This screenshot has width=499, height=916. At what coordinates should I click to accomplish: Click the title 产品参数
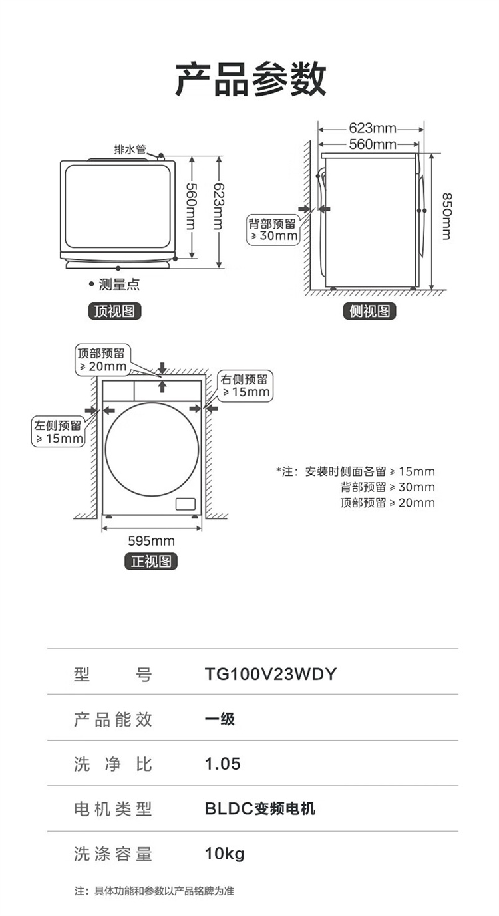250,79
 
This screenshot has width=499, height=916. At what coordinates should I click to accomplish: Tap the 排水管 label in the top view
130,149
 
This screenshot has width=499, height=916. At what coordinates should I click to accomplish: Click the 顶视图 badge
115,311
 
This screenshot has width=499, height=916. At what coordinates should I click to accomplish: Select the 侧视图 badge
370,311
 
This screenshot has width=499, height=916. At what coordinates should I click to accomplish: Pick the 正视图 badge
152,561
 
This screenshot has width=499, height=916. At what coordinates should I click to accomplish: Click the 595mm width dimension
151,541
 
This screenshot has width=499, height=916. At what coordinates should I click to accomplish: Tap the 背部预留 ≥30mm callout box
273,229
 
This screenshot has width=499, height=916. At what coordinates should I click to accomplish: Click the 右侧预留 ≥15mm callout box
246,386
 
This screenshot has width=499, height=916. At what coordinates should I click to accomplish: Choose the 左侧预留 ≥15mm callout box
59,432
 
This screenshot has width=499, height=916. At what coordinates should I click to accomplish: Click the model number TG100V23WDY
271,675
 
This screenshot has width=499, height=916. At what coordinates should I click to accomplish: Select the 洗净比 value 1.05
222,764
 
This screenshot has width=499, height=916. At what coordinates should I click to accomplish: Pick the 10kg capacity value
224,854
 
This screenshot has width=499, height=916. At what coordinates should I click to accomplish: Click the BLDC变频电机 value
260,809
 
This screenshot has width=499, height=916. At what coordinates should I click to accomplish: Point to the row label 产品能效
113,719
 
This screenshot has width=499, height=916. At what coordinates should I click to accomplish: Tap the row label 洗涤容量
113,854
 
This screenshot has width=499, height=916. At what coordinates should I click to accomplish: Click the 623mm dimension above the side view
372,128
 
